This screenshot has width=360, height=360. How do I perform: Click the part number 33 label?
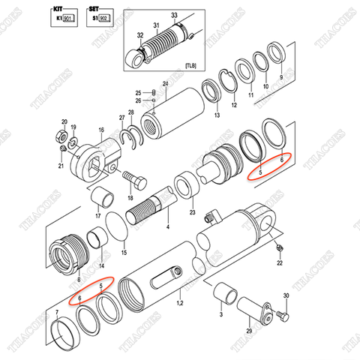click(x=174, y=15)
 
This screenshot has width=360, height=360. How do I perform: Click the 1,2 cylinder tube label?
click(x=179, y=302)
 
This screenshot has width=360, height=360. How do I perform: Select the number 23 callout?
click(x=192, y=213)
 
